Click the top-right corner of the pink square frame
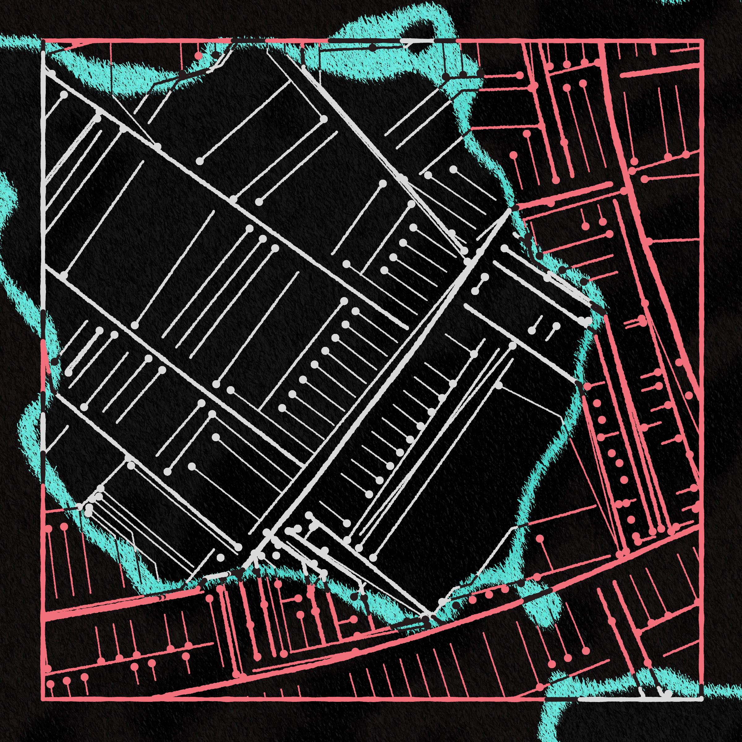coord(702,40)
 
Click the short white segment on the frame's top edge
coord(417,40)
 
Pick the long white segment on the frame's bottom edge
coord(638,699)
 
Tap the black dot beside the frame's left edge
coord(55,361)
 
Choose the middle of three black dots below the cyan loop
coord(463,74)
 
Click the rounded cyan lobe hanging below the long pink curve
coord(545,611)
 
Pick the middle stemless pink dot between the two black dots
coord(489,595)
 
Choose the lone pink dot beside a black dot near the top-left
coord(198,56)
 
